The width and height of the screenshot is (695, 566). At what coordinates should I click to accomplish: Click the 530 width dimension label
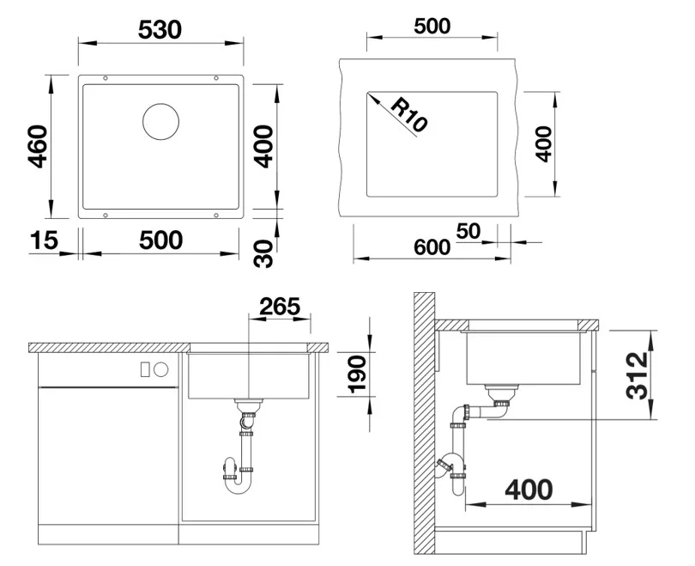coord(160,30)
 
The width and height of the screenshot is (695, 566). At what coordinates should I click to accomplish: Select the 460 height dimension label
coord(38,147)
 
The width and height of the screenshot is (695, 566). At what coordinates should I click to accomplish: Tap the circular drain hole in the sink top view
coord(161,122)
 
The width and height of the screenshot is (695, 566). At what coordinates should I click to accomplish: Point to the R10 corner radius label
coord(408,116)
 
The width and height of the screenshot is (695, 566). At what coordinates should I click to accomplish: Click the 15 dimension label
coord(44,240)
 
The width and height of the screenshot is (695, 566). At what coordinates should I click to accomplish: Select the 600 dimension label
coord(432,247)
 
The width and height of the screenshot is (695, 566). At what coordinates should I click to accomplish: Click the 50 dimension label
coord(468,231)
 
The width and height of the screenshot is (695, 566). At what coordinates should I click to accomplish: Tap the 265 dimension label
coord(280,307)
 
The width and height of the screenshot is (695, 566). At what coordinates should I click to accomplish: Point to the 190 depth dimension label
coord(357,374)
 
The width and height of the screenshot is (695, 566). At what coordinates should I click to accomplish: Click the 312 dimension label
coord(638,375)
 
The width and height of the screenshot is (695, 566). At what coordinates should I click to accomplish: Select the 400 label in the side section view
coord(529,490)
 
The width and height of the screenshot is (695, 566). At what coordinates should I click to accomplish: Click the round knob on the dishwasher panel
coord(161,369)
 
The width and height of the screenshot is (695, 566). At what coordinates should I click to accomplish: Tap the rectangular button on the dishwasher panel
coord(144,369)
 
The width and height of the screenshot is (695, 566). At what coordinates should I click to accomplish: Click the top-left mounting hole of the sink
coord(106,78)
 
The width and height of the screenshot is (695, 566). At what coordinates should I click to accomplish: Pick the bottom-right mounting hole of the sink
coord(216,216)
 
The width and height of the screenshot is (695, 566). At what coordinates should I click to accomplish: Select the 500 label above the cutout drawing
coord(432,26)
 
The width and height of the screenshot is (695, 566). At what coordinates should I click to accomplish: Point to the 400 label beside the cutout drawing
coord(544,144)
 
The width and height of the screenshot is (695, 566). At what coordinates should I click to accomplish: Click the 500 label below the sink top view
coord(161,240)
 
